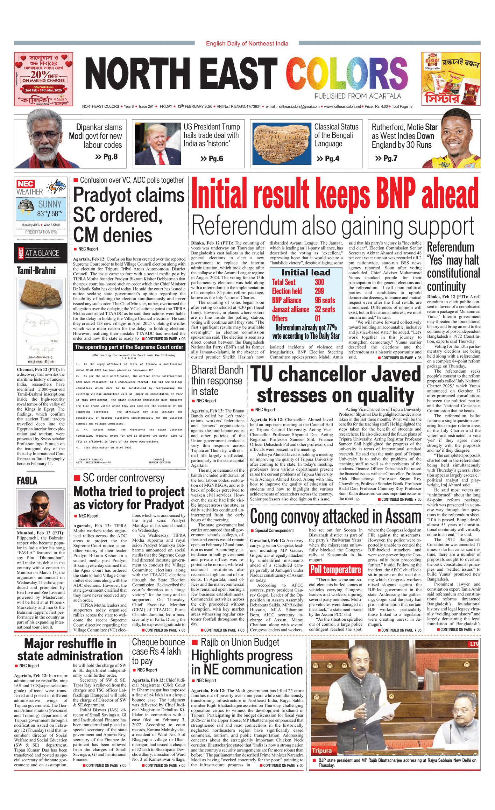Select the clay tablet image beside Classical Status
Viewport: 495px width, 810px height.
tap(282, 144)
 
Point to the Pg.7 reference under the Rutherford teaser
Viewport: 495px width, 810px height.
tap(386, 159)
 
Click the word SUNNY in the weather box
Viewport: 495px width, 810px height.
tap(50, 204)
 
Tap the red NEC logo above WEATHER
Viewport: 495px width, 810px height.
tap(26, 184)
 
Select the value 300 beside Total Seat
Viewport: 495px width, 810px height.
tap(319, 282)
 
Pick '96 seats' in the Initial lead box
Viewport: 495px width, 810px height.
tap(325, 300)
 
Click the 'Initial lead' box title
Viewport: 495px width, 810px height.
tap(306, 273)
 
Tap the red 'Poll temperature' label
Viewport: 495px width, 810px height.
tap(336, 570)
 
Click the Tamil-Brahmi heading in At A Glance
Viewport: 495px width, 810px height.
tap(36, 270)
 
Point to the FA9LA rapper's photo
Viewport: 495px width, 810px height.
tap(41, 508)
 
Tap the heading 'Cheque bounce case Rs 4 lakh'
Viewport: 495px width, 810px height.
tap(158, 651)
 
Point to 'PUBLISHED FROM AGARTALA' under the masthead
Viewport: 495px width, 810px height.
tap(358, 96)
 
